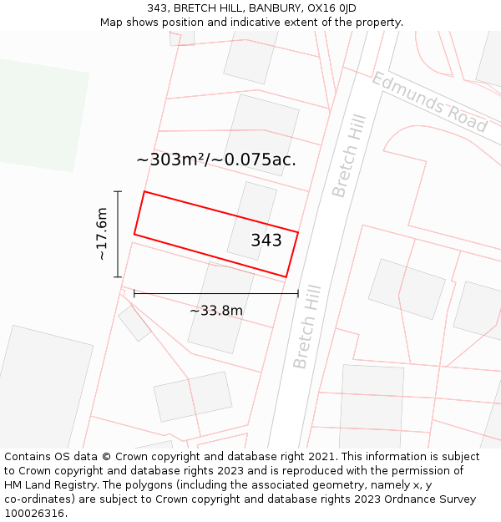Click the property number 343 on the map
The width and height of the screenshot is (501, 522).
(x=266, y=241)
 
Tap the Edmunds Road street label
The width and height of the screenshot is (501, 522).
(x=429, y=102)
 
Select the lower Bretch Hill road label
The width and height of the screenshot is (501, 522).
(x=306, y=329)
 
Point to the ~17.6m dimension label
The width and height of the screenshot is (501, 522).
(x=102, y=234)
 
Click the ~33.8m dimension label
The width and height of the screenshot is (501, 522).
(x=216, y=311)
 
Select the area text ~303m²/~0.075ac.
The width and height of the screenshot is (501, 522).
(x=216, y=160)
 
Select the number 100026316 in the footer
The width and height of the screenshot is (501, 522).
(x=34, y=514)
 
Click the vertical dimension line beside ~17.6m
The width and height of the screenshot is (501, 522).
(x=118, y=234)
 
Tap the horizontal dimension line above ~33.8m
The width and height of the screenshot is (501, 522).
(x=216, y=293)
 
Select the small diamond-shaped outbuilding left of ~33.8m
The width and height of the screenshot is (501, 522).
(x=134, y=323)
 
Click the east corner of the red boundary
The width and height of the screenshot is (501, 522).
(x=298, y=231)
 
